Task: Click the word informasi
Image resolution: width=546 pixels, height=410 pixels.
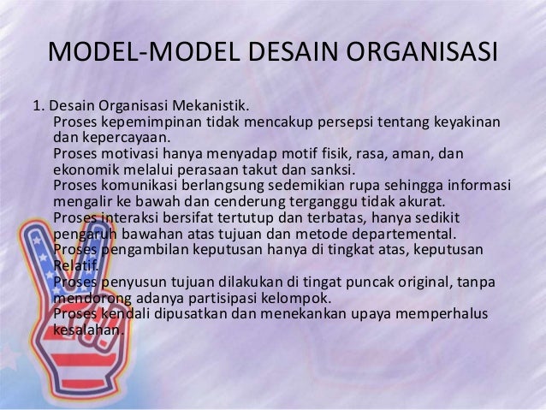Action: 472,187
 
